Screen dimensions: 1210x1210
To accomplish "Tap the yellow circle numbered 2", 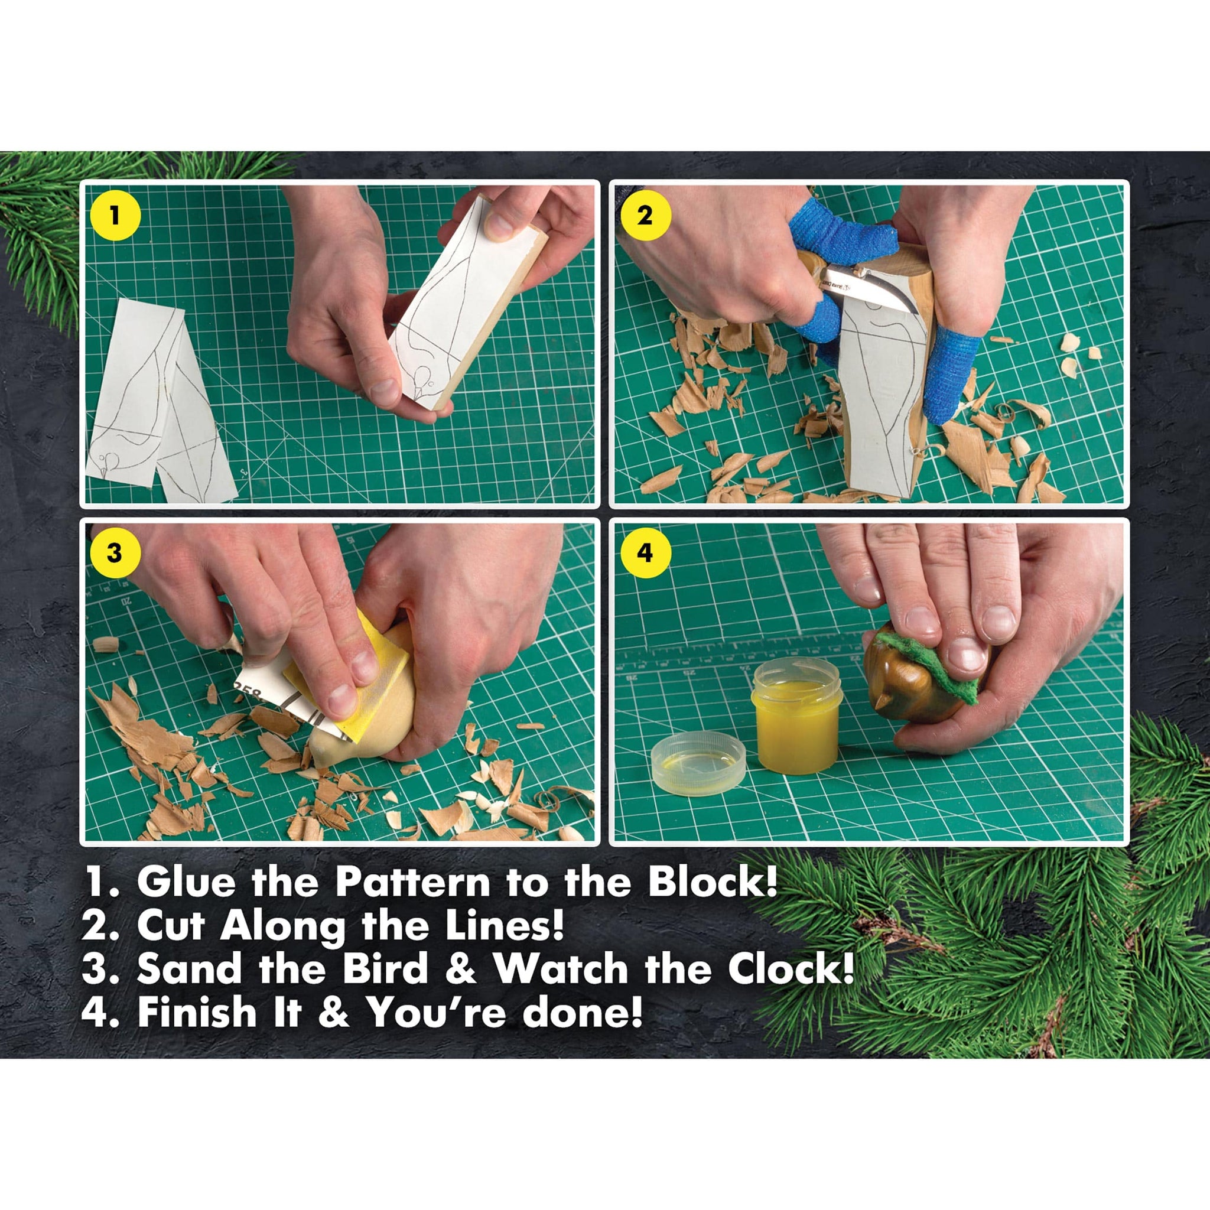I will pos(645,216).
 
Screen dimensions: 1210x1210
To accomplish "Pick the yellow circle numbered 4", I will pos(645,554).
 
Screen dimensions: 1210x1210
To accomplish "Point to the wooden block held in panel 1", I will pos(467,301).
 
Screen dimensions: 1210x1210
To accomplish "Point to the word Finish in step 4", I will pos(197,1013).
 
